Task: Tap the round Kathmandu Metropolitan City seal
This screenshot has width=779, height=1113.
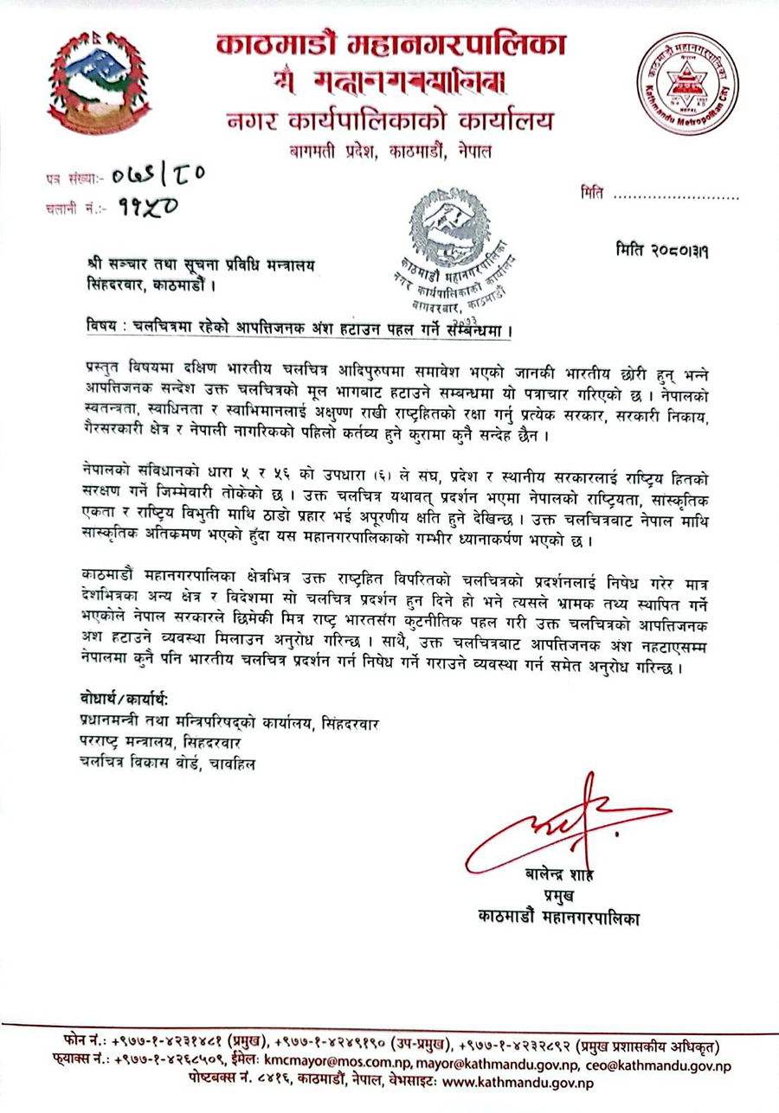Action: (689, 86)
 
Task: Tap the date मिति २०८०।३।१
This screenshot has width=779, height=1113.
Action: (668, 250)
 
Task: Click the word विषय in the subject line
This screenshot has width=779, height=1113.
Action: (106, 330)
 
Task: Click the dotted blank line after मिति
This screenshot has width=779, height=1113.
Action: (676, 196)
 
